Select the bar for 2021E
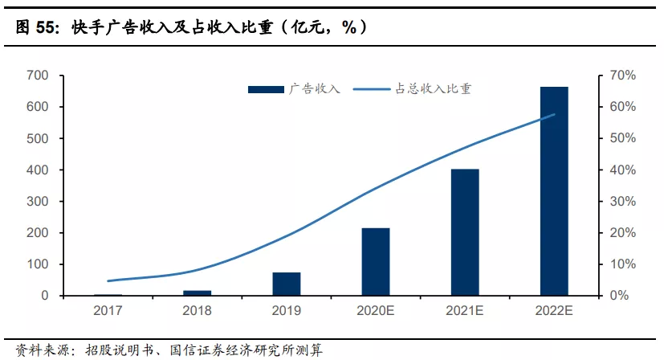pyautogui.click(x=464, y=232)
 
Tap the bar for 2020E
pyautogui.click(x=375, y=262)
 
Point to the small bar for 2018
pyautogui.click(x=197, y=292)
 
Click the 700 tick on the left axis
pyautogui.click(x=38, y=76)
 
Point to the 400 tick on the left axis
pyautogui.click(x=38, y=170)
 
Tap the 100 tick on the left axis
pyautogui.click(x=38, y=264)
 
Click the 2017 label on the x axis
pyautogui.click(x=108, y=311)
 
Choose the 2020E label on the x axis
pyautogui.click(x=375, y=311)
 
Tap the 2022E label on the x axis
pyautogui.click(x=553, y=311)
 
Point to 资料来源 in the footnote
pyautogui.click(x=36, y=350)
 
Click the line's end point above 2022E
pyautogui.click(x=554, y=114)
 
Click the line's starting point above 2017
pyautogui.click(x=108, y=280)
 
